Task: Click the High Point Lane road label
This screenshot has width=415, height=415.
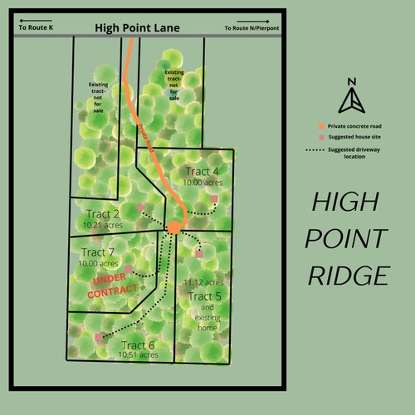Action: click(137, 27)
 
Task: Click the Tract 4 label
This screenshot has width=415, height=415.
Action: click(203, 171)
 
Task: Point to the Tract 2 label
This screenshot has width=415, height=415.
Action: click(103, 213)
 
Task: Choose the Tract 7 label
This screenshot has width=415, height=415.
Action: click(98, 251)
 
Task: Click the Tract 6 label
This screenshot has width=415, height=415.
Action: click(138, 344)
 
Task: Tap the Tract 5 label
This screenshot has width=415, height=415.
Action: click(204, 296)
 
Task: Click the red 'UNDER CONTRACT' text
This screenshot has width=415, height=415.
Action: click(112, 287)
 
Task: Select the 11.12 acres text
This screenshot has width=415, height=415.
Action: click(203, 282)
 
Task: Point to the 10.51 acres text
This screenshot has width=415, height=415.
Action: click(138, 354)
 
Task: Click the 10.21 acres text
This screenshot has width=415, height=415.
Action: click(102, 224)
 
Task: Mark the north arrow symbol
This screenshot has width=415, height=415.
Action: click(352, 99)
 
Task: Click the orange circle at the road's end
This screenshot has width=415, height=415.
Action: click(174, 227)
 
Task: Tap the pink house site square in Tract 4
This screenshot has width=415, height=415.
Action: click(214, 198)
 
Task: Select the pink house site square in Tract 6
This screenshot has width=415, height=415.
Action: click(100, 337)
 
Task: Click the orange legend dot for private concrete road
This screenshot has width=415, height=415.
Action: click(320, 124)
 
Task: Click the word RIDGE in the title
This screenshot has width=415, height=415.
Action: click(349, 276)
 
